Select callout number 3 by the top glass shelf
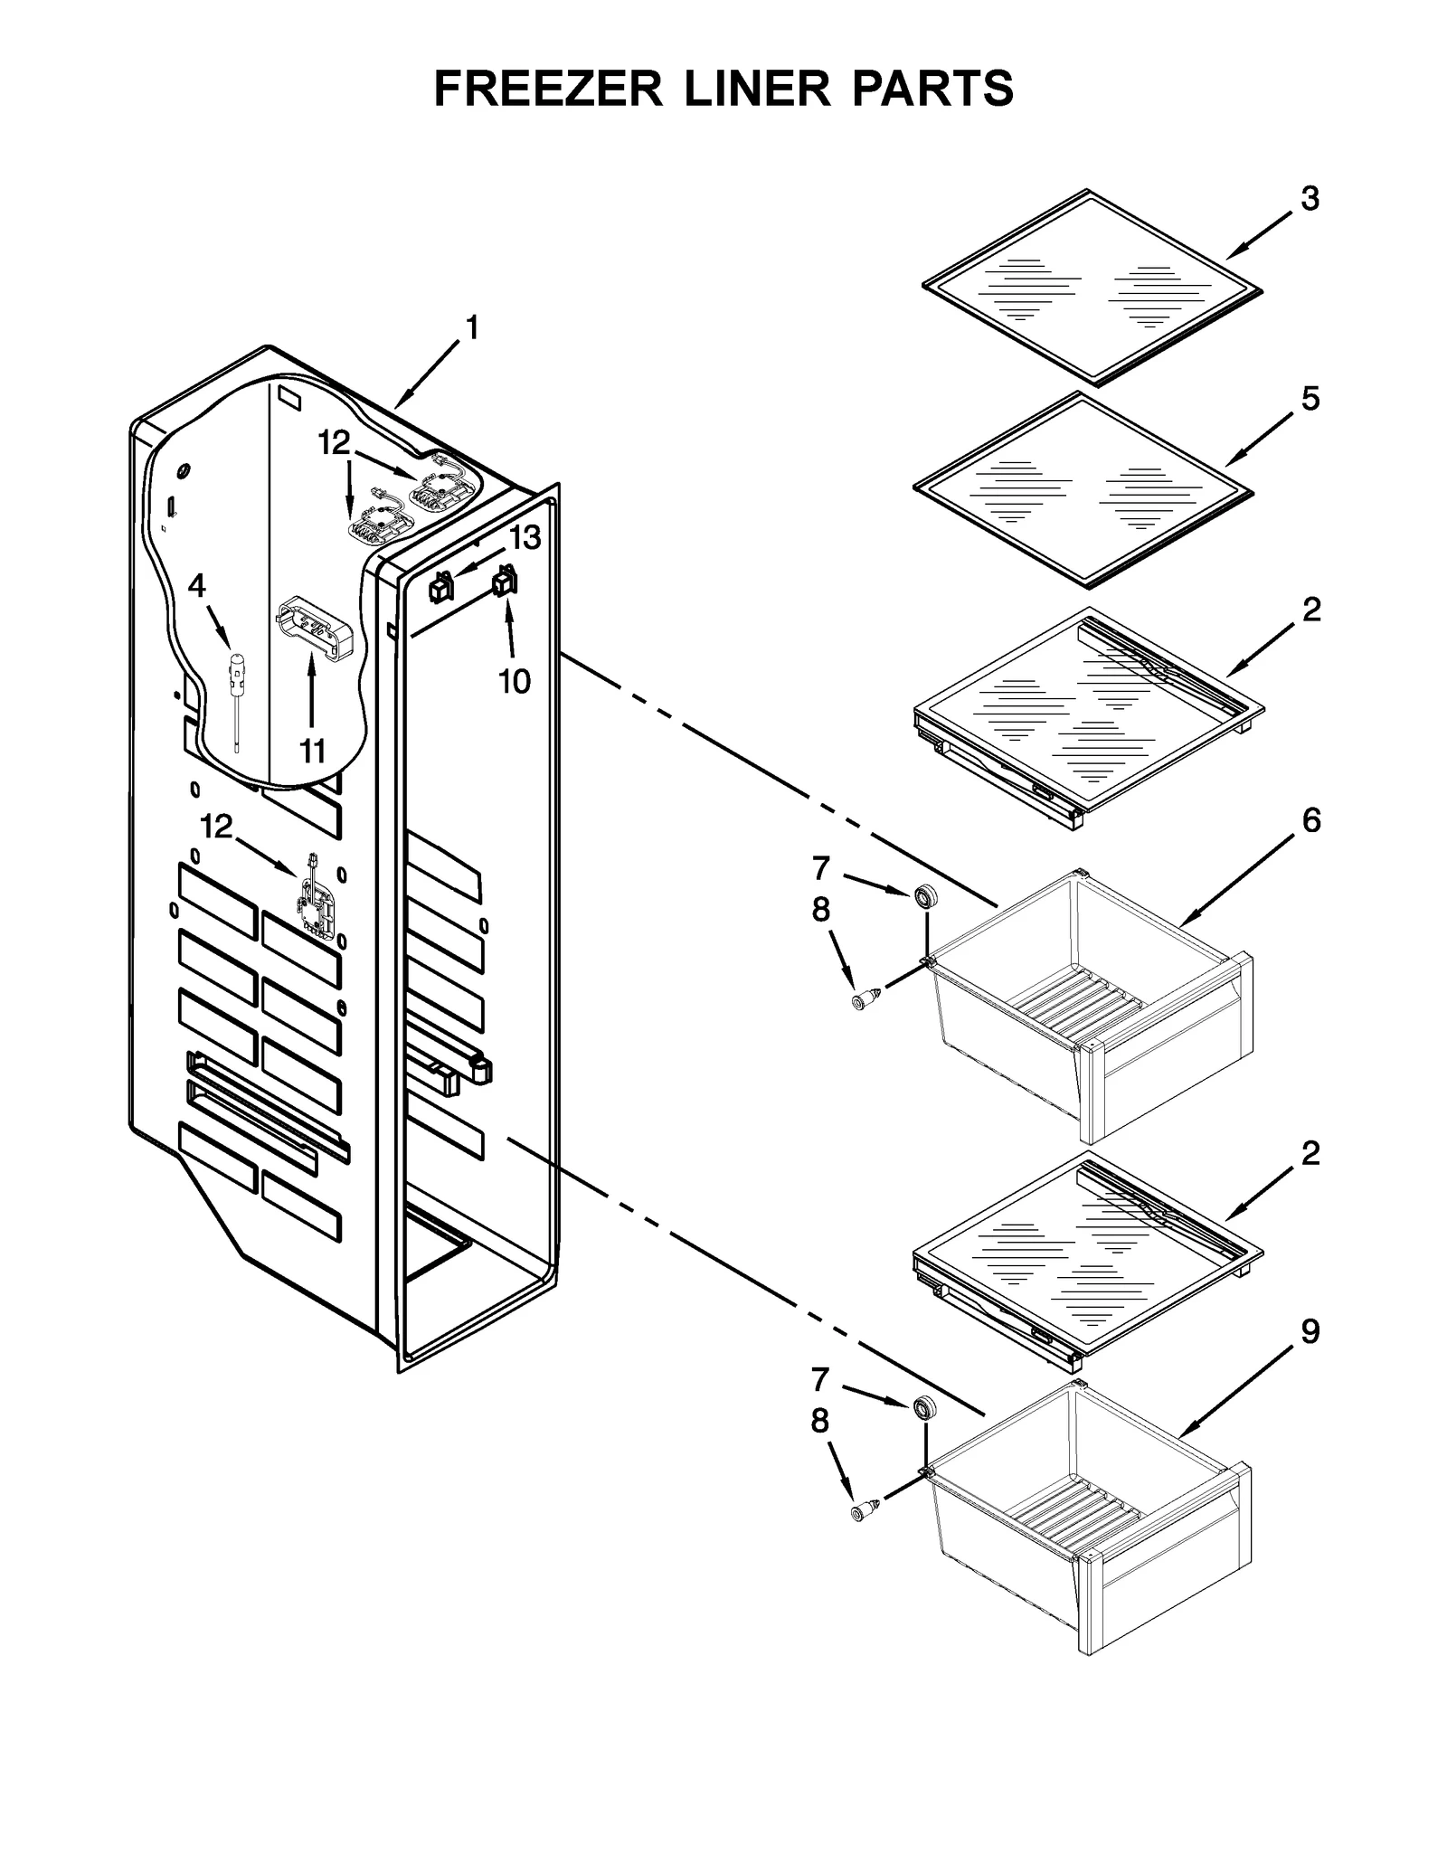[1310, 198]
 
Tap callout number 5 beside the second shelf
[1310, 398]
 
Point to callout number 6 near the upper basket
[1310, 820]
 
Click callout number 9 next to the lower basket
[1310, 1331]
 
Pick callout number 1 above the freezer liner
[471, 327]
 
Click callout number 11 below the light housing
[312, 751]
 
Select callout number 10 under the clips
[515, 681]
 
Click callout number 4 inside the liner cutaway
[196, 587]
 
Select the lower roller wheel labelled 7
[923, 1408]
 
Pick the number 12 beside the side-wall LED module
[216, 826]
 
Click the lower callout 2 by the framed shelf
[1310, 1153]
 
